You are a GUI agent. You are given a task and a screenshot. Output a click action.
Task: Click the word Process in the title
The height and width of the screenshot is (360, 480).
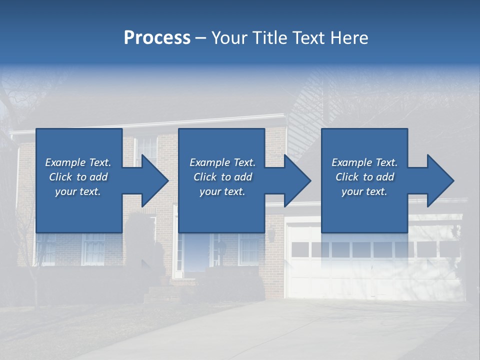[x=157, y=38]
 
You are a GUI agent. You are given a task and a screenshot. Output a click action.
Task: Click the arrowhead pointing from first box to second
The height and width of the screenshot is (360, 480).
[x=152, y=180]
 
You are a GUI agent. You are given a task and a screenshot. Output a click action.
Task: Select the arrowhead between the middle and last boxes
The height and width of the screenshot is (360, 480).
[x=295, y=180]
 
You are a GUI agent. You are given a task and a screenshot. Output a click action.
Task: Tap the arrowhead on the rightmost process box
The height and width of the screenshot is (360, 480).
[x=438, y=180]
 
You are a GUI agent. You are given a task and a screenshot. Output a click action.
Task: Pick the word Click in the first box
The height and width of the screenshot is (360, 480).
[x=60, y=177]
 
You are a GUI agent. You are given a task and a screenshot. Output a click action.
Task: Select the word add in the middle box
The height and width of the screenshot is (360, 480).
[x=242, y=177]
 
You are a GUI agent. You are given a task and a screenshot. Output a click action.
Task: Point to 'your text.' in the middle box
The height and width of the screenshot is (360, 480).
[x=222, y=191]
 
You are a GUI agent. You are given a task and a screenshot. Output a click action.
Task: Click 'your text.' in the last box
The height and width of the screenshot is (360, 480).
[x=364, y=191]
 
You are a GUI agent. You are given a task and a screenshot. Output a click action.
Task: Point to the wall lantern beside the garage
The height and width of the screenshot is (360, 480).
[x=272, y=234]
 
